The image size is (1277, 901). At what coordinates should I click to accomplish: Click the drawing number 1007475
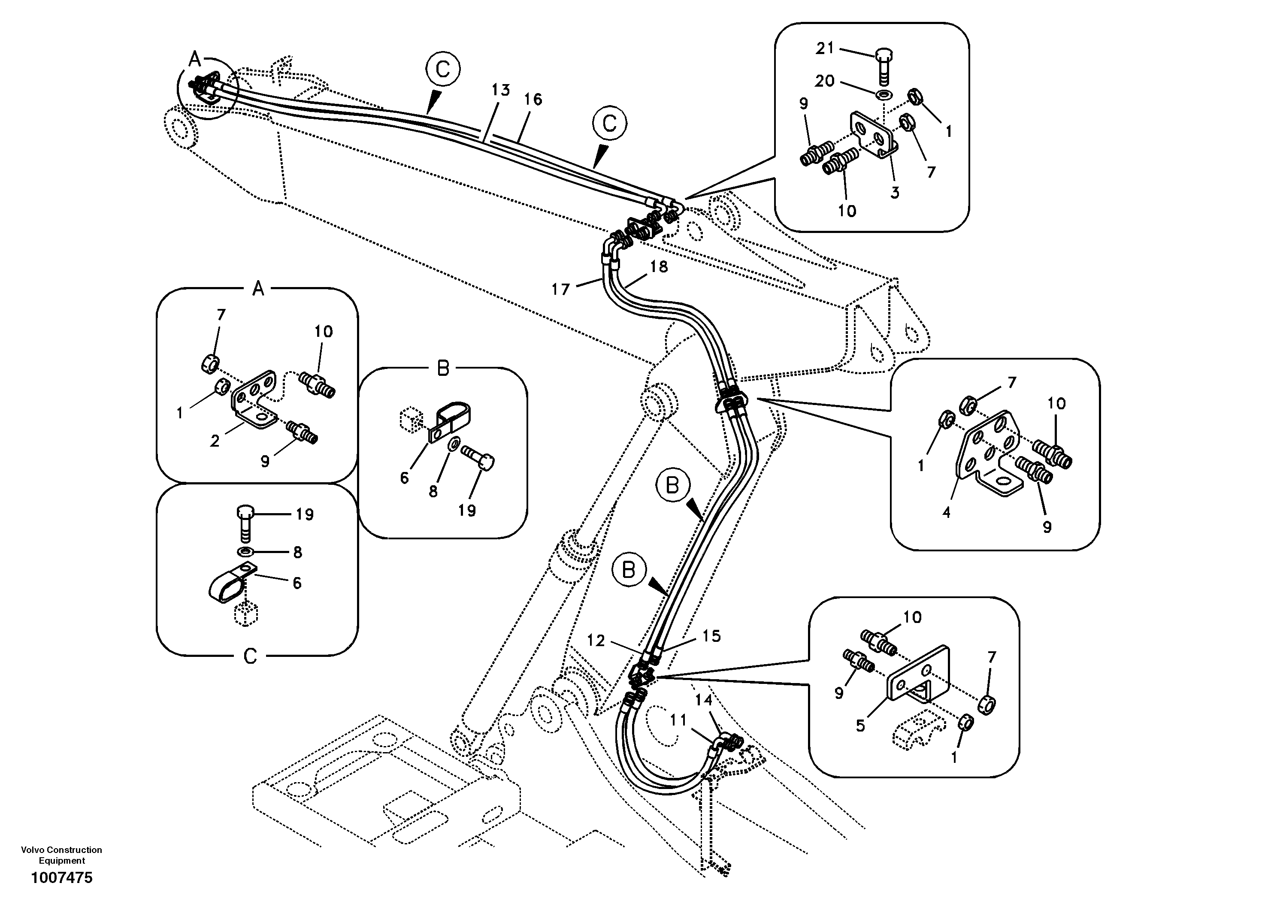tap(62, 878)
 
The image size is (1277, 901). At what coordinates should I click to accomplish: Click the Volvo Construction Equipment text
tap(62, 855)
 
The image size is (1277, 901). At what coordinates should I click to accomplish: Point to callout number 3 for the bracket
tap(894, 193)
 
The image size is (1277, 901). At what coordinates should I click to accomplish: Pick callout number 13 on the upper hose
tap(501, 90)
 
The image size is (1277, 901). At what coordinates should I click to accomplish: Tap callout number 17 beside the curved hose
tap(561, 289)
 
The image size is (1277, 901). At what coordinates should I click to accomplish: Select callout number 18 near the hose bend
tap(659, 267)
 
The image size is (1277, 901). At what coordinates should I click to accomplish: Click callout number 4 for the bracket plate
tap(946, 512)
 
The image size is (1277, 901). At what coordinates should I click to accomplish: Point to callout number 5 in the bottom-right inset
tap(860, 726)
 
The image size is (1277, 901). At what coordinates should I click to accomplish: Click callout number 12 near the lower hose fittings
tap(596, 641)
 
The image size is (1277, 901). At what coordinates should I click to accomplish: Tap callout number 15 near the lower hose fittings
tap(711, 636)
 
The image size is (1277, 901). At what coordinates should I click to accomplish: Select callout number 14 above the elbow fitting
tap(704, 701)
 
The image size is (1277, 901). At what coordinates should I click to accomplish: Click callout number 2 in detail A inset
tap(215, 441)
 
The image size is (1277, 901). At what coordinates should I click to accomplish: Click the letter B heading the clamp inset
tap(443, 368)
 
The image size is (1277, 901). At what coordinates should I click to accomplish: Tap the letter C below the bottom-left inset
tap(250, 656)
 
